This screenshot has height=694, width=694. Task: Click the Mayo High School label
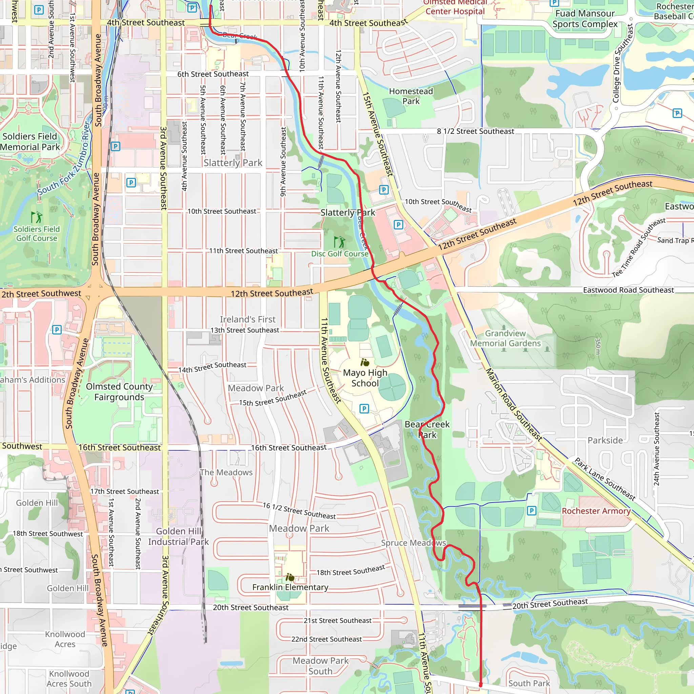[x=365, y=378]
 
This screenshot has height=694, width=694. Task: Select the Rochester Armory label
[x=596, y=511]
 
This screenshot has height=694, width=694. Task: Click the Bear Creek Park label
[x=427, y=430]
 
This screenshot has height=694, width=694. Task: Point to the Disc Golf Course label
[x=340, y=253]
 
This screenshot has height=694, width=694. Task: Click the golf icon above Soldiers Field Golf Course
[x=36, y=217]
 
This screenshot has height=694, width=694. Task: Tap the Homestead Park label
[x=411, y=96]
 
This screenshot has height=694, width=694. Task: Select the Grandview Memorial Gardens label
[x=505, y=339]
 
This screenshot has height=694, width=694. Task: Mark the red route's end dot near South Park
[x=481, y=685]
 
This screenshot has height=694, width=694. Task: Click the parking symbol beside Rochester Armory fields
[x=532, y=510]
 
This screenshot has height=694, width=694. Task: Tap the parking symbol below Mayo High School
[x=364, y=408]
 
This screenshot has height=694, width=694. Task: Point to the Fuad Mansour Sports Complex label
[x=585, y=19]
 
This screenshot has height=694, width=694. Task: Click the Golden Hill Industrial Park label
[x=178, y=536]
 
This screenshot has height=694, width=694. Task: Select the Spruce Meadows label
[x=413, y=543]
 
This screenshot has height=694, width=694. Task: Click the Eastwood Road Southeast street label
[x=628, y=290]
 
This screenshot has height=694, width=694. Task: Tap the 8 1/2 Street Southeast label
[x=475, y=131]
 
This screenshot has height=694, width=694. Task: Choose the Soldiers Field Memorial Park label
[x=30, y=142]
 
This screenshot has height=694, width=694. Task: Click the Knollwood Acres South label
[x=69, y=678]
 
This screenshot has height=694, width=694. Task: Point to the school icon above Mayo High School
[x=365, y=362]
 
